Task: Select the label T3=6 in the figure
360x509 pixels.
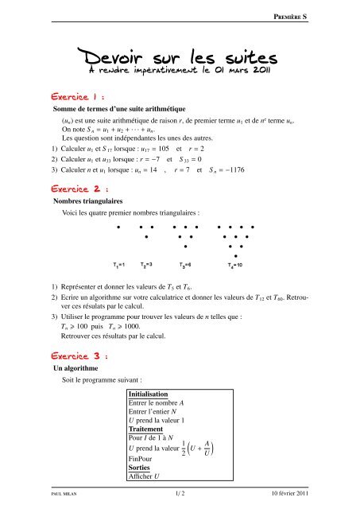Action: tap(188, 264)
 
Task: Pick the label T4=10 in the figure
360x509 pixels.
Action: tap(238, 264)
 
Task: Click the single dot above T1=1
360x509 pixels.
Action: tap(118, 227)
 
